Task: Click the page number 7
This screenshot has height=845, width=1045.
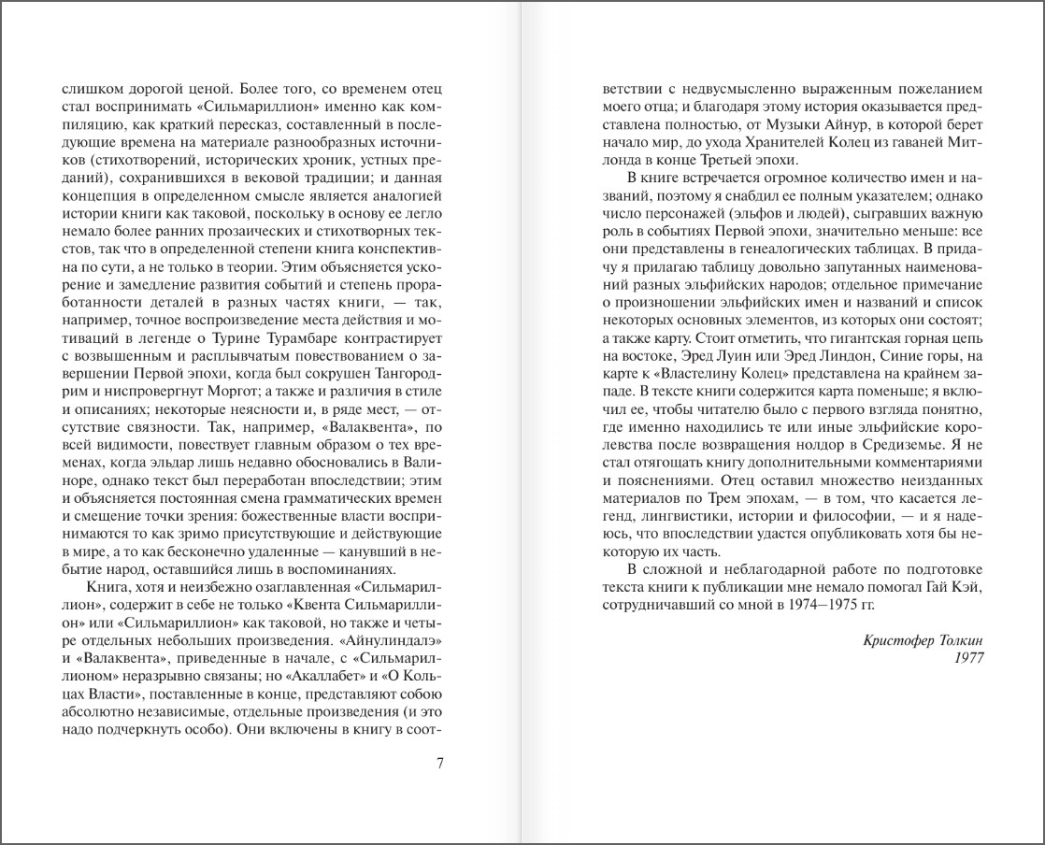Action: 439,762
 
